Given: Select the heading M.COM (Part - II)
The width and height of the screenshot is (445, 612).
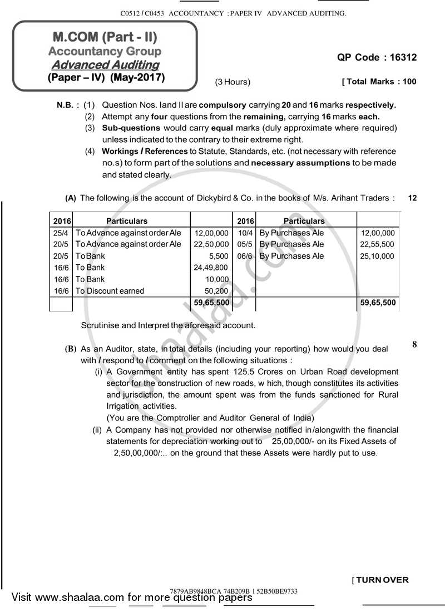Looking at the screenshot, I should pyautogui.click(x=105, y=37).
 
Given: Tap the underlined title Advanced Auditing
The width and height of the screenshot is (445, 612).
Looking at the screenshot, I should pyautogui.click(x=105, y=65).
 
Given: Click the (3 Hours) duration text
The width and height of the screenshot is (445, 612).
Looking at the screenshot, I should pyautogui.click(x=233, y=82).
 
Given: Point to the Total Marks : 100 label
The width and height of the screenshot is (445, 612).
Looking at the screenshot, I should pyautogui.click(x=379, y=82).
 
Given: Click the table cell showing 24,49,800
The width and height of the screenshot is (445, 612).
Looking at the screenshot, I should pyautogui.click(x=210, y=268).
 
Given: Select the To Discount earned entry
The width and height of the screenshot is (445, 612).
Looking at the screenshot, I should pyautogui.click(x=110, y=291).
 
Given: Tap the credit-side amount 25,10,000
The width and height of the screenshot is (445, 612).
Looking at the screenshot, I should pyautogui.click(x=377, y=256).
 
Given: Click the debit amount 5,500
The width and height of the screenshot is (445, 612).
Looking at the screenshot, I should pyautogui.click(x=218, y=256).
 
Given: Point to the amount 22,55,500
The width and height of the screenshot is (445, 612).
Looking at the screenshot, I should pyautogui.click(x=377, y=244).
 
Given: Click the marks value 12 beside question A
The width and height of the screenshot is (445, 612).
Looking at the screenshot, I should pyautogui.click(x=412, y=197).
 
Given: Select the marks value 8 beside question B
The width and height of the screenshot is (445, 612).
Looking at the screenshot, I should pyautogui.click(x=414, y=344).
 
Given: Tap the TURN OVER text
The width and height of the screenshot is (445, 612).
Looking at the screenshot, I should pyautogui.click(x=382, y=580).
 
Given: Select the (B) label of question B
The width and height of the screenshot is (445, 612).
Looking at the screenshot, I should pyautogui.click(x=70, y=349).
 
